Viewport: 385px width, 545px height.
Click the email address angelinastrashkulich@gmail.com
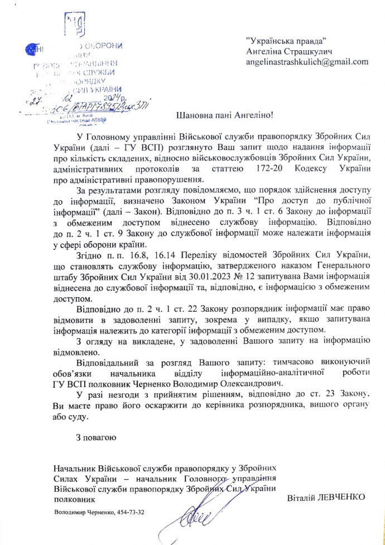tap(307, 62)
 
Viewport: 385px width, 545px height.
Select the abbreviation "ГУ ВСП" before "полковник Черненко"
tap(69, 383)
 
